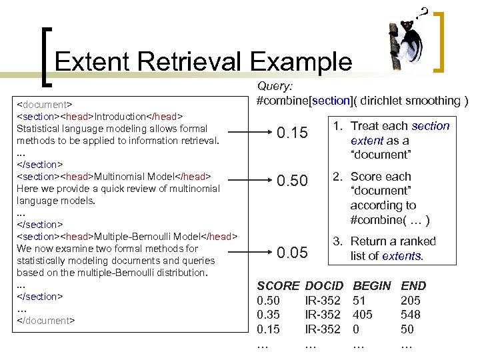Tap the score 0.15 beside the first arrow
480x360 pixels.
coord(292,133)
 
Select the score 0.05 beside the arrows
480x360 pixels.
coord(292,253)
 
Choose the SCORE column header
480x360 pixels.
coord(278,286)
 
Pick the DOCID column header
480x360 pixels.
coord(324,286)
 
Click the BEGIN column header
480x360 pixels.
coord(372,286)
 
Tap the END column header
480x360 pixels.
coord(413,286)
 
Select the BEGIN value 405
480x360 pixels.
coord(363,315)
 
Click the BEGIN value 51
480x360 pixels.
coord(360,301)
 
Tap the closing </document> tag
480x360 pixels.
coord(45,321)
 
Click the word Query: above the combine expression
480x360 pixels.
coord(275,86)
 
